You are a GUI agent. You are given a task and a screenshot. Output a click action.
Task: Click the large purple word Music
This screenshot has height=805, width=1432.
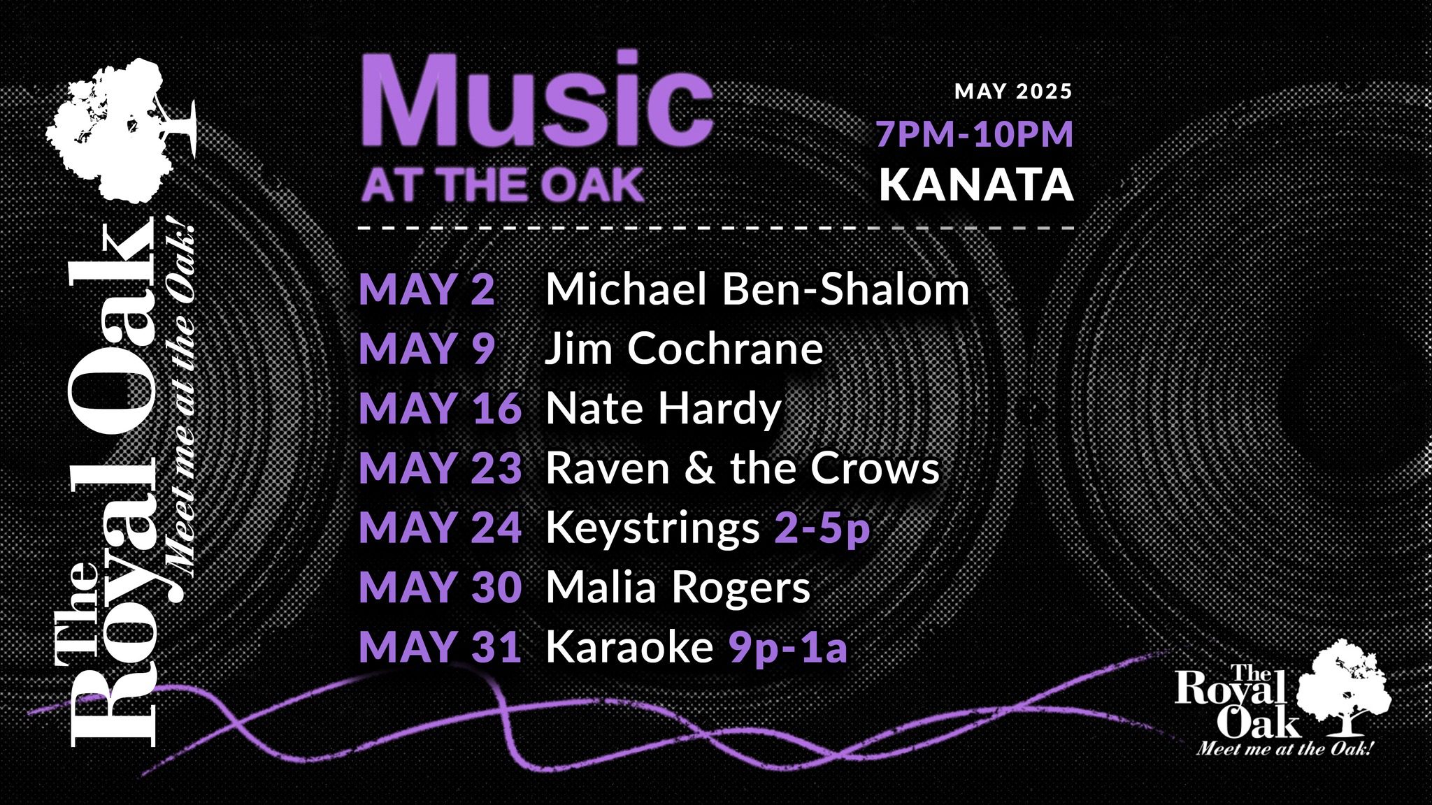536,99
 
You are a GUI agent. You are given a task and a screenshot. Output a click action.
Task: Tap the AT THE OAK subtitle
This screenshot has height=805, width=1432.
503,185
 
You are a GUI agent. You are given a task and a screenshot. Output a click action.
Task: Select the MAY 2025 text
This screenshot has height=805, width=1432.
1013,92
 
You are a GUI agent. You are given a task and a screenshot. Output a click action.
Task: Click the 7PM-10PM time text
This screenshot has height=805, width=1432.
975,134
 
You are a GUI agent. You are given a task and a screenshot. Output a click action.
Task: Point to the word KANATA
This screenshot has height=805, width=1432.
976,184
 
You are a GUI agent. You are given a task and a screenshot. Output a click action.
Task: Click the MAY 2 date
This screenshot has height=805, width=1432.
427,289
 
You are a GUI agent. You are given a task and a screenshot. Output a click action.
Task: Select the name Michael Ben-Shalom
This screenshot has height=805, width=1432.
757,289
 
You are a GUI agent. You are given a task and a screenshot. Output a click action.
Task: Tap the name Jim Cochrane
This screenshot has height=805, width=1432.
684,348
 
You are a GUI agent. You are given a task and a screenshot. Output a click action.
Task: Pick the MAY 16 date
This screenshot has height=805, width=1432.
441,408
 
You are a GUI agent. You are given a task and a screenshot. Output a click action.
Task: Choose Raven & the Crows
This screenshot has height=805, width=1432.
743,467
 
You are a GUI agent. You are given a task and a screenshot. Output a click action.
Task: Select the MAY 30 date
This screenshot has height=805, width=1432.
441,587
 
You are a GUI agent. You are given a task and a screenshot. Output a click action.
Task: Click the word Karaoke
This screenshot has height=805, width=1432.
629,646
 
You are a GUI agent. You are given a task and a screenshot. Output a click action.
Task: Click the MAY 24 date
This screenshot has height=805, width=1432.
441,528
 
